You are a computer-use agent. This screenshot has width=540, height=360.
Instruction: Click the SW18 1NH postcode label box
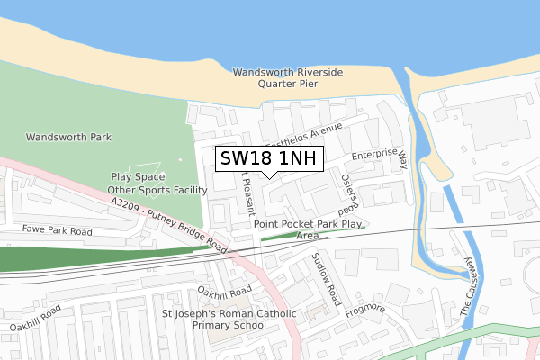pyautogui.click(x=268, y=157)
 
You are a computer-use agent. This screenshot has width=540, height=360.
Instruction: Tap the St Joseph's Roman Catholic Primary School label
pyautogui.click(x=229, y=319)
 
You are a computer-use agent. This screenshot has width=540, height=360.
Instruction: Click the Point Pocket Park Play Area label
pyautogui.click(x=308, y=229)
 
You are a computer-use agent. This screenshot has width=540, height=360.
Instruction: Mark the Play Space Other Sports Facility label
pyautogui.click(x=145, y=184)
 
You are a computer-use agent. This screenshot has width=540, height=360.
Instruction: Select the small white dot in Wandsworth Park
pyautogui.click(x=180, y=160)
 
